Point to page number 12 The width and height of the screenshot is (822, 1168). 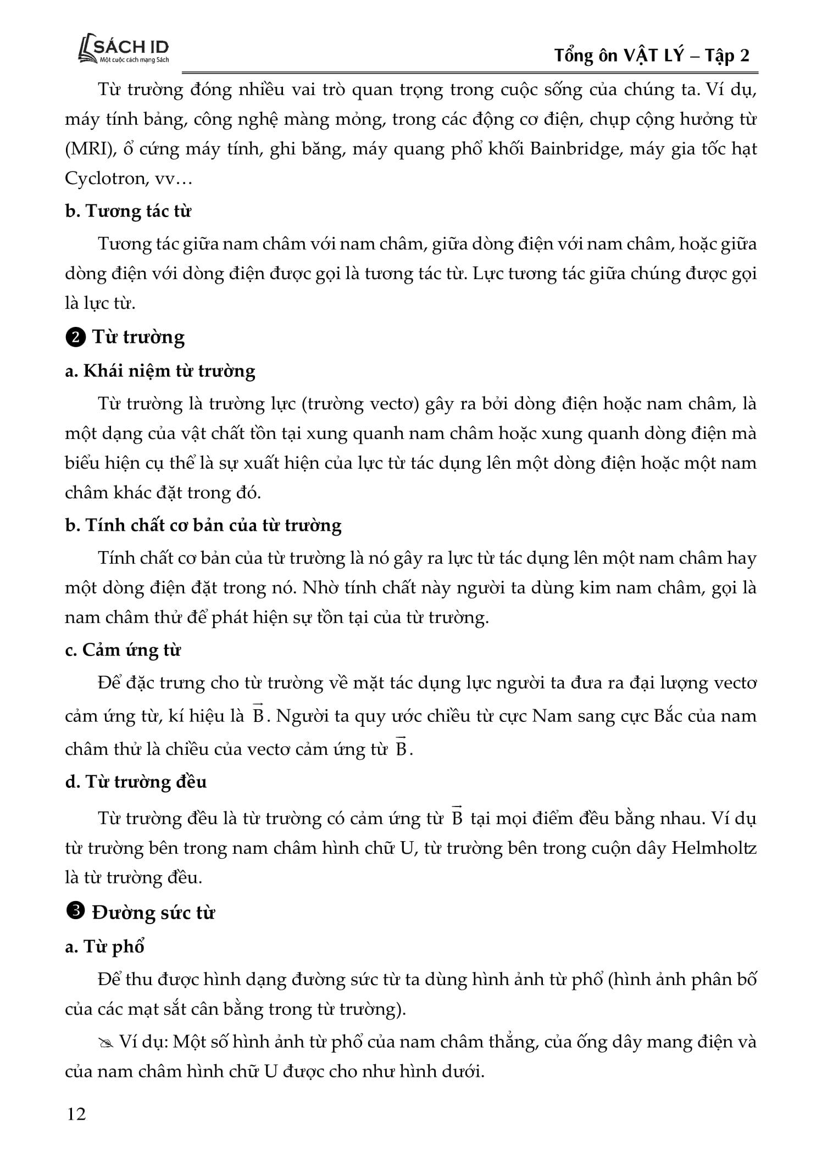(76, 1114)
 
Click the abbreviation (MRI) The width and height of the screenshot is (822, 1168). (86, 149)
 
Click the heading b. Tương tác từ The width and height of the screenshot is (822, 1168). (128, 212)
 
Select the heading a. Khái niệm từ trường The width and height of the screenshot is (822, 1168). (160, 371)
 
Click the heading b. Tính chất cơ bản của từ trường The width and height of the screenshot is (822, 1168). (203, 525)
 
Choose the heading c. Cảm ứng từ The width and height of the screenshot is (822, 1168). (123, 650)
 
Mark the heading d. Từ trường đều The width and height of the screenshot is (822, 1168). (136, 781)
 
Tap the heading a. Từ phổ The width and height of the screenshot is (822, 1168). (104, 947)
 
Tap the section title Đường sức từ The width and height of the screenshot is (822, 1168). (153, 913)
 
